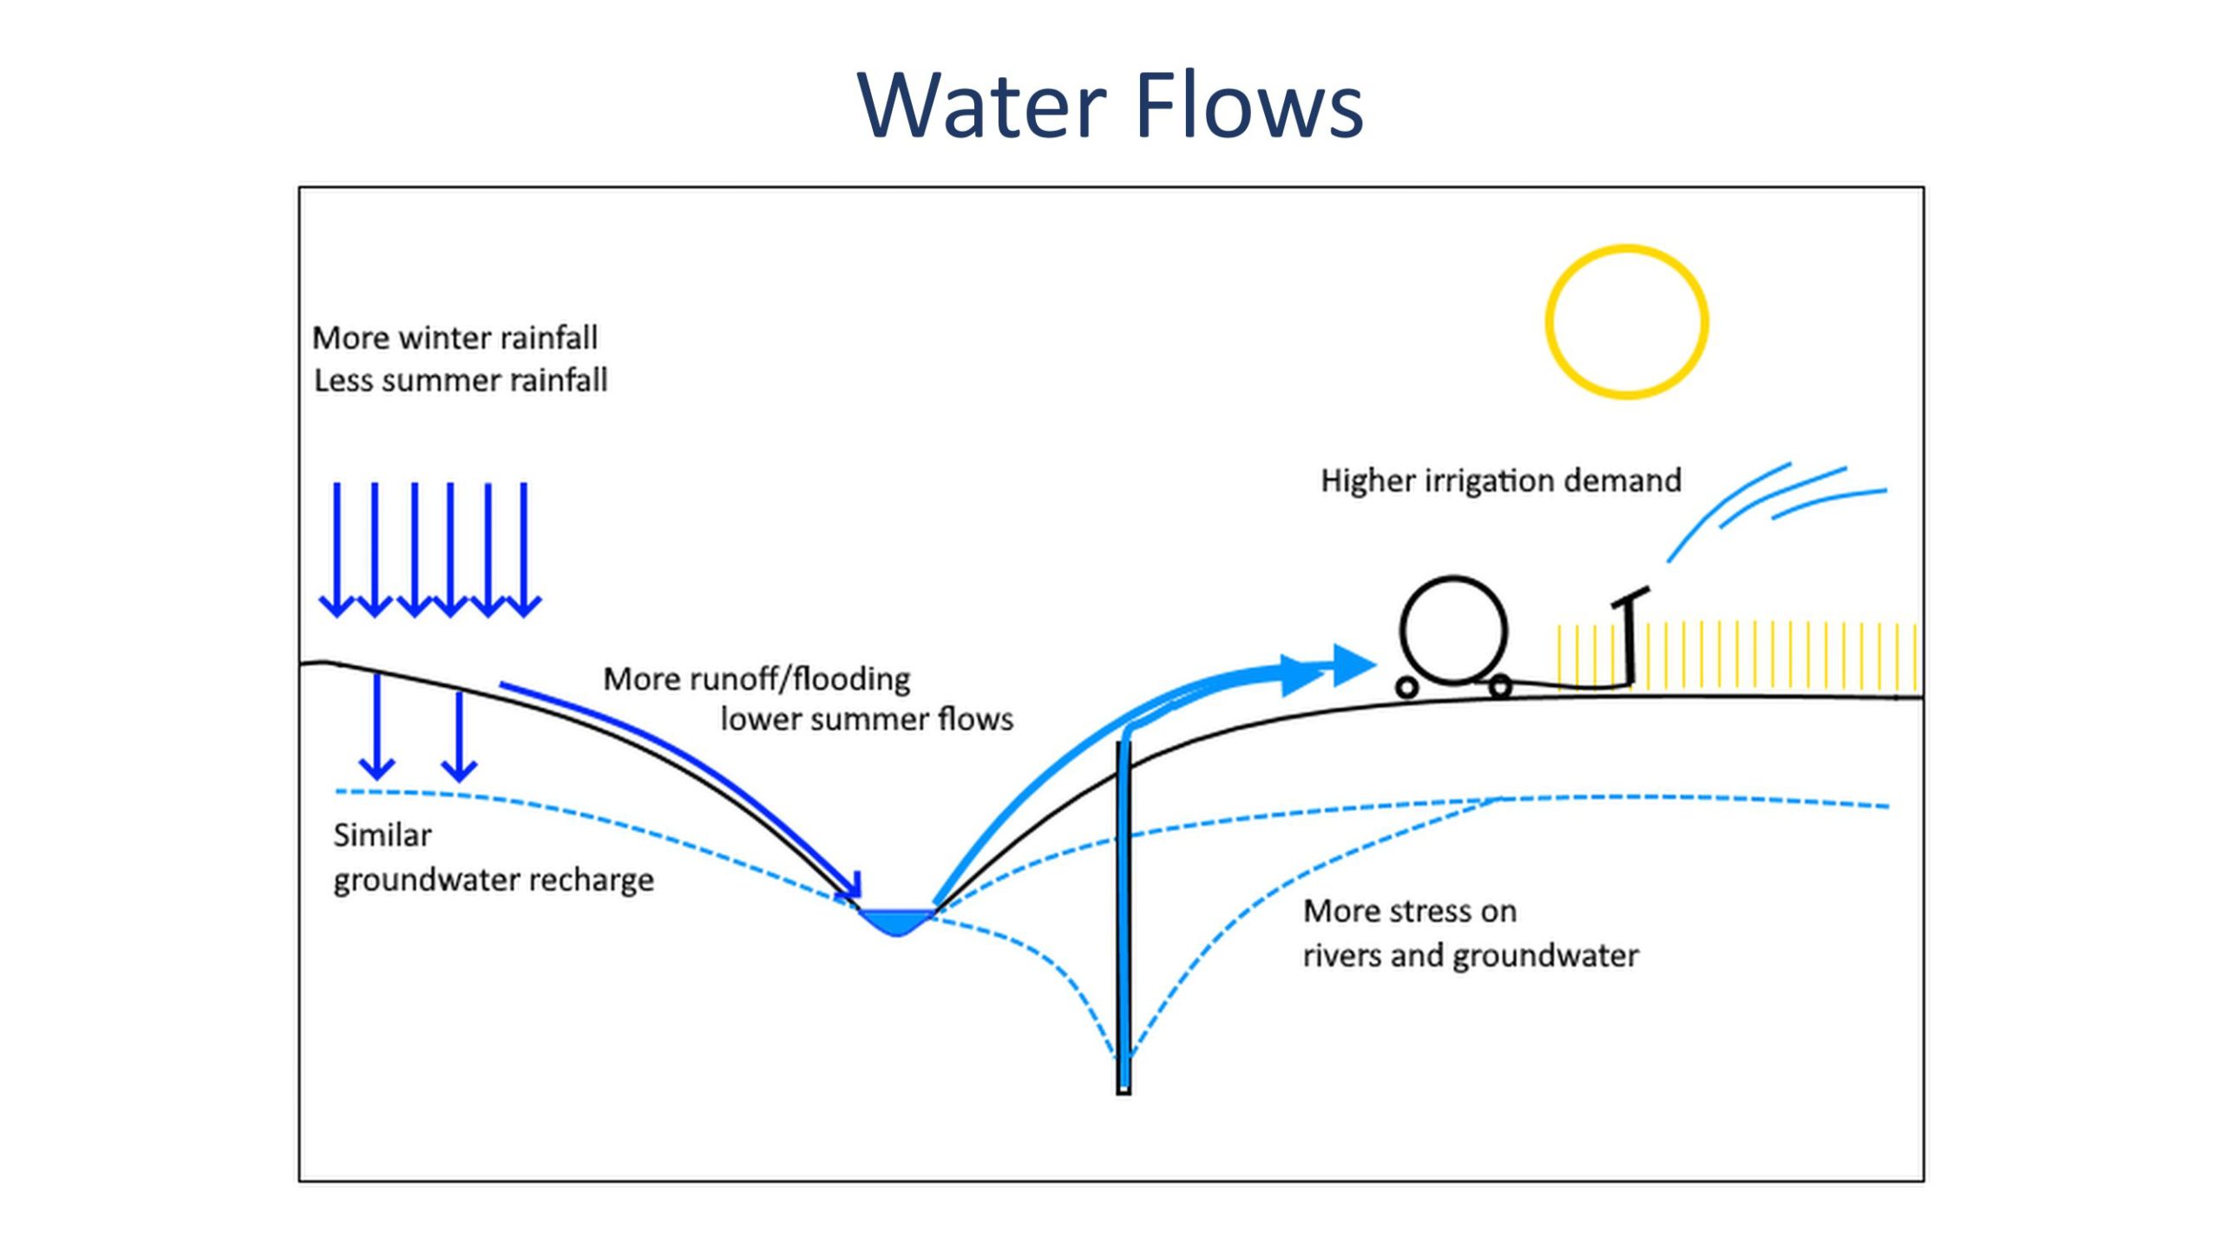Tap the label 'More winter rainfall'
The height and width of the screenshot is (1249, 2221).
coord(455,337)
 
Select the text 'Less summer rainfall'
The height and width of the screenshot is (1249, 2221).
coord(461,380)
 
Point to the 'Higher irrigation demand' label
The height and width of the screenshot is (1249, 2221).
coord(1501,481)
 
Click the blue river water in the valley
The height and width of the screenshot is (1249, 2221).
coord(896,921)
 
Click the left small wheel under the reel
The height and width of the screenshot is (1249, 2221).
coord(1407,688)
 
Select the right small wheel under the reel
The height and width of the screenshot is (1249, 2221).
coord(1500,688)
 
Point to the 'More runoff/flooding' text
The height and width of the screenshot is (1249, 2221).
coord(757,678)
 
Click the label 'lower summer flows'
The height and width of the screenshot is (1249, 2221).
coord(867,719)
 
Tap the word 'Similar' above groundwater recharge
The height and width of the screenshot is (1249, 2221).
coord(383,835)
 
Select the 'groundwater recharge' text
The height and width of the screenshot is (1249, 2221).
coord(494,880)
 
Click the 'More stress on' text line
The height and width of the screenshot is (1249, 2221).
coord(1410,912)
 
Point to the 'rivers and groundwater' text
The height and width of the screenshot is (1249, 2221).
coord(1471,956)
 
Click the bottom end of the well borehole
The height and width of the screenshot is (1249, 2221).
coord(1124,1092)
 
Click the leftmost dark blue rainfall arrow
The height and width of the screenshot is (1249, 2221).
coord(337,550)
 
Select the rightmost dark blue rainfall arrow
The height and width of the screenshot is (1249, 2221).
coord(524,550)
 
